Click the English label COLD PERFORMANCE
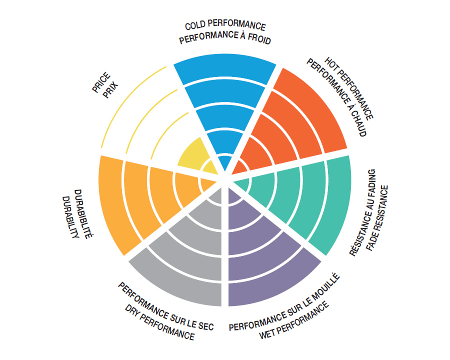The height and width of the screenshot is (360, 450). tap(225, 26)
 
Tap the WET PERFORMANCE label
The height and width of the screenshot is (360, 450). tap(294, 320)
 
